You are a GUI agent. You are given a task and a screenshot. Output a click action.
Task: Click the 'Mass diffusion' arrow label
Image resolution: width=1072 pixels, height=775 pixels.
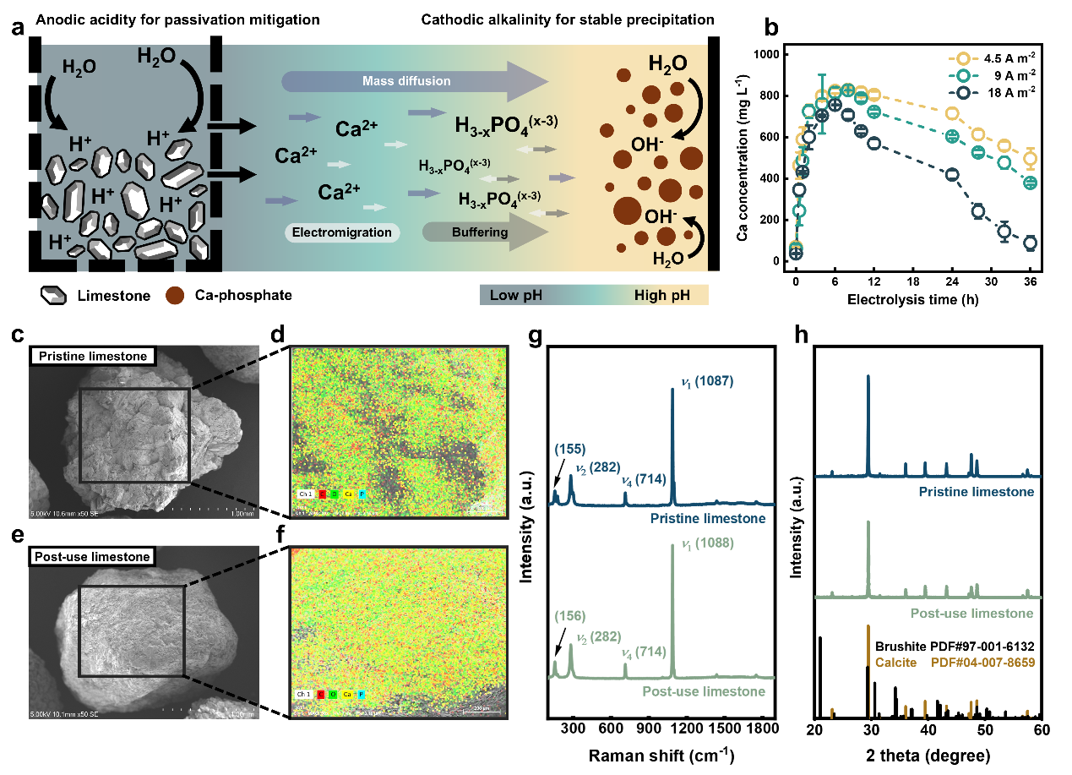coord(406,81)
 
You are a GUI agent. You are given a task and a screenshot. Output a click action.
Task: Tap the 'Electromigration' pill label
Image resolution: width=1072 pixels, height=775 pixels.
coord(341,232)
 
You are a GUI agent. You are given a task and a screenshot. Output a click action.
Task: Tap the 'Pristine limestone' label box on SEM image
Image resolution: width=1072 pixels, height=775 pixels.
coord(91,356)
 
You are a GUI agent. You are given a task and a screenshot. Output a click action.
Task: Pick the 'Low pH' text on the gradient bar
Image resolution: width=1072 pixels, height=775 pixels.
coord(515,295)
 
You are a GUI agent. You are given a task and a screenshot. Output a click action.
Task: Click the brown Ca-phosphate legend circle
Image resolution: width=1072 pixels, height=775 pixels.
coord(174,296)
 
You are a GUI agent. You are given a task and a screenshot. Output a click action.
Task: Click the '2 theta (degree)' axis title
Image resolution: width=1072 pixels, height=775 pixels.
coord(928,752)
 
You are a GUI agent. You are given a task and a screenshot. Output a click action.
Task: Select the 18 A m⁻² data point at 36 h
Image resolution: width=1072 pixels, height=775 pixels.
coord(1030,243)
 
